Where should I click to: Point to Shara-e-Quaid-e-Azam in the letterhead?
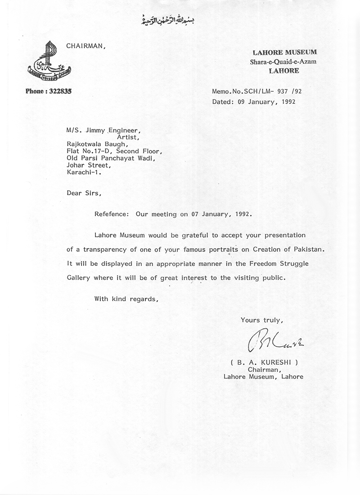(x=274, y=62)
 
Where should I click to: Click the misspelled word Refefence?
(x=112, y=214)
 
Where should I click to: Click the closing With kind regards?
(x=126, y=299)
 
